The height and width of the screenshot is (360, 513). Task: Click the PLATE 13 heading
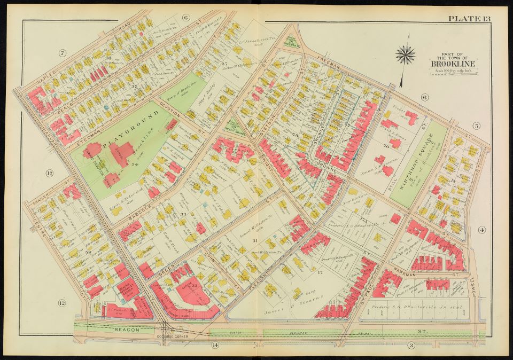[468, 19]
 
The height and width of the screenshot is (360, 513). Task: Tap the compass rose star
[406, 54]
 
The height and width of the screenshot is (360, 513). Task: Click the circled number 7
[63, 52]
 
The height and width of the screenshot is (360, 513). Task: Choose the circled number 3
[411, 346]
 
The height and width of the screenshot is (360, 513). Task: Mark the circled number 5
[476, 126]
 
